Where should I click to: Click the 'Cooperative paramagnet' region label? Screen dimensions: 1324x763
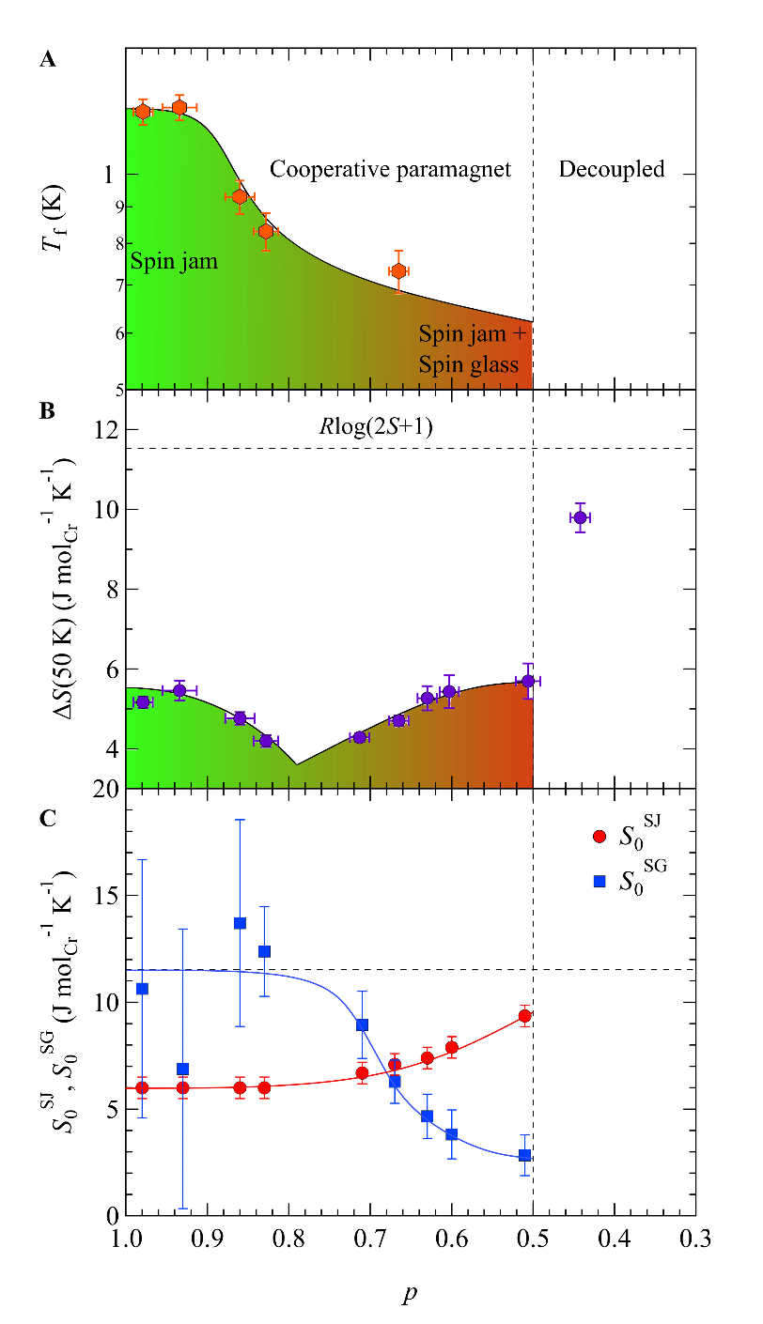390,169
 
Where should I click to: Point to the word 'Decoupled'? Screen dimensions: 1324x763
612,169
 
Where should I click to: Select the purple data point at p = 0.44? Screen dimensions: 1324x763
580,517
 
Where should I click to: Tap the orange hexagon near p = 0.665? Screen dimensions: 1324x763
398,271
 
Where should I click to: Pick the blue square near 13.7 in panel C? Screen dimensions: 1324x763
240,923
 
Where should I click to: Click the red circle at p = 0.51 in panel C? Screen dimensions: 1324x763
525,1015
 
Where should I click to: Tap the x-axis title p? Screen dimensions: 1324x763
410,1295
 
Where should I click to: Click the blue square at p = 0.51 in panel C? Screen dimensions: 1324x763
525,1155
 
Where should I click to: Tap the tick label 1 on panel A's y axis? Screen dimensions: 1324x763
108,175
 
